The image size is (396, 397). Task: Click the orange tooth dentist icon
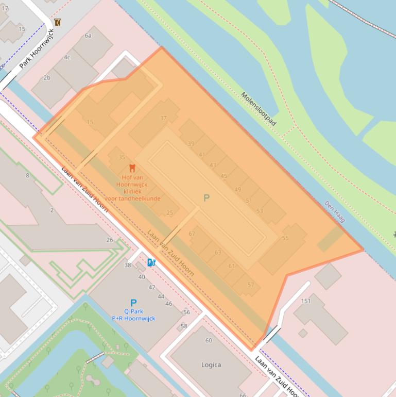coord(132,168)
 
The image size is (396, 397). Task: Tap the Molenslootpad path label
coord(259,109)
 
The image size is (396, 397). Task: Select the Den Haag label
coord(334,212)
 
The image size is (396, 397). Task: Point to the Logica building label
coord(211,365)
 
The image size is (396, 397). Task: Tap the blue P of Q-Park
coord(133,303)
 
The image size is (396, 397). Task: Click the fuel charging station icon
coord(151,262)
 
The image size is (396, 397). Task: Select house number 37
coord(163,118)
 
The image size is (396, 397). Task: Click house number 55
coord(285,238)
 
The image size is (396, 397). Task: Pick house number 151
coord(306,301)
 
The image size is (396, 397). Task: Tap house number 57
coord(251,285)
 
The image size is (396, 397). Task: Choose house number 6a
coord(88,36)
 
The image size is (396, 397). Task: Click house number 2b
coord(47,78)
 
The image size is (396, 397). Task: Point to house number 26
coord(110,240)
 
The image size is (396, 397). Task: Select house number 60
coord(209,340)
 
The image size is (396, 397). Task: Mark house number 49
coord(237,190)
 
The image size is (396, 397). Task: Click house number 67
coord(192,234)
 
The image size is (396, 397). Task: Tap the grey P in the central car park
coord(206,198)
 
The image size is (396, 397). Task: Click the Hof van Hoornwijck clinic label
coord(132,184)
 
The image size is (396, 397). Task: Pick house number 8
coord(28,175)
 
